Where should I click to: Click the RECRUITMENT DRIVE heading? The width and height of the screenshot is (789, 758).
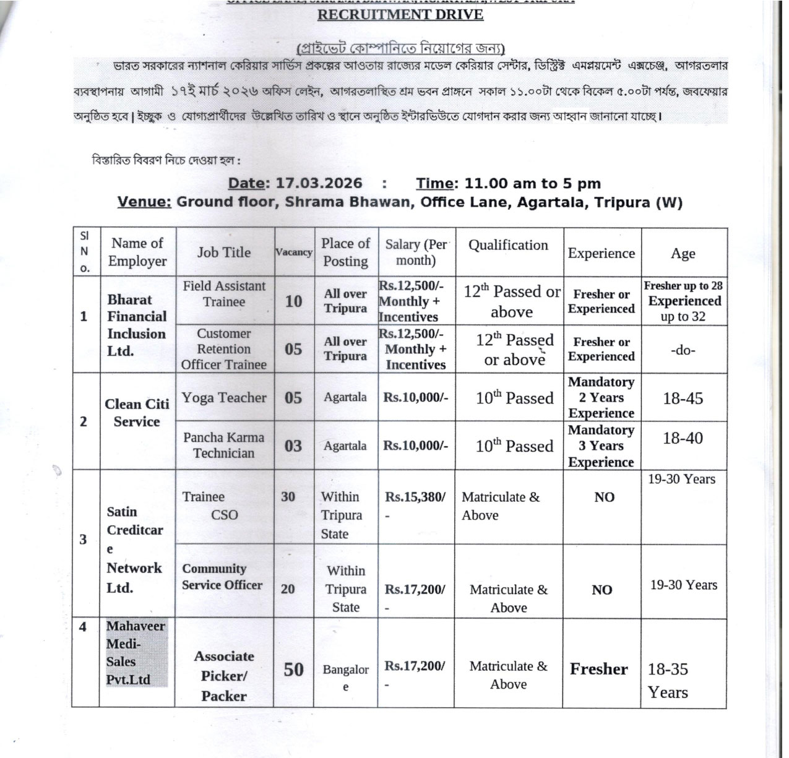(400, 15)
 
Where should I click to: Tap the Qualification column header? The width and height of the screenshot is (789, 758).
(508, 246)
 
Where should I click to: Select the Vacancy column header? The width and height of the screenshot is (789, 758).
(293, 252)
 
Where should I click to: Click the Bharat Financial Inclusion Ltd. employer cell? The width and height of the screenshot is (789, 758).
(137, 325)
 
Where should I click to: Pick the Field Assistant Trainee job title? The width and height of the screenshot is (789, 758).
(224, 294)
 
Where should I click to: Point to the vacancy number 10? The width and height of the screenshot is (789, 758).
(293, 301)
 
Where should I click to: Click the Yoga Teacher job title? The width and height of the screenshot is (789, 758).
(224, 398)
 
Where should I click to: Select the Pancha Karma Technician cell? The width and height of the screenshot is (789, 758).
(224, 446)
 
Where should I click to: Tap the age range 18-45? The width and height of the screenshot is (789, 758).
(683, 398)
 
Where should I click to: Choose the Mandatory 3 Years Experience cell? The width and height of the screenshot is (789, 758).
(601, 446)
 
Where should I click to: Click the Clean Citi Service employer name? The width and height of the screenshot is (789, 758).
(137, 413)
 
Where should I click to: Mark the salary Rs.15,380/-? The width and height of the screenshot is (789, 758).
(415, 497)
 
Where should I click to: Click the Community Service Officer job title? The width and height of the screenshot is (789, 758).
(222, 577)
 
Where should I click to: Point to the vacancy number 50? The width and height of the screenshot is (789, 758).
(293, 670)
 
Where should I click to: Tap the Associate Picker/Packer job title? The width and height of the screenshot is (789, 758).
(224, 676)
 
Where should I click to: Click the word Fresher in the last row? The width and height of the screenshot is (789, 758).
(598, 669)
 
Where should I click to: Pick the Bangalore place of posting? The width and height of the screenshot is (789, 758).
(345, 678)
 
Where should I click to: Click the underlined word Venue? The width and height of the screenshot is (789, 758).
(144, 202)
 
